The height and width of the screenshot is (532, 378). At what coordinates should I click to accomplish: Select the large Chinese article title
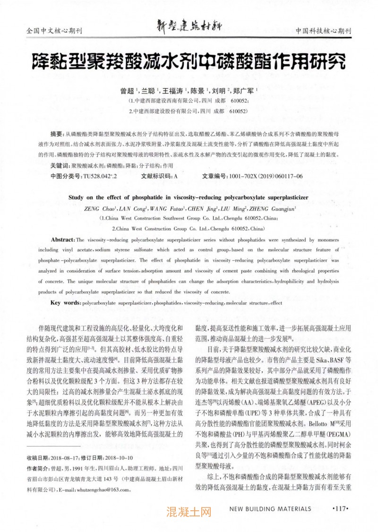point(189,61)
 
